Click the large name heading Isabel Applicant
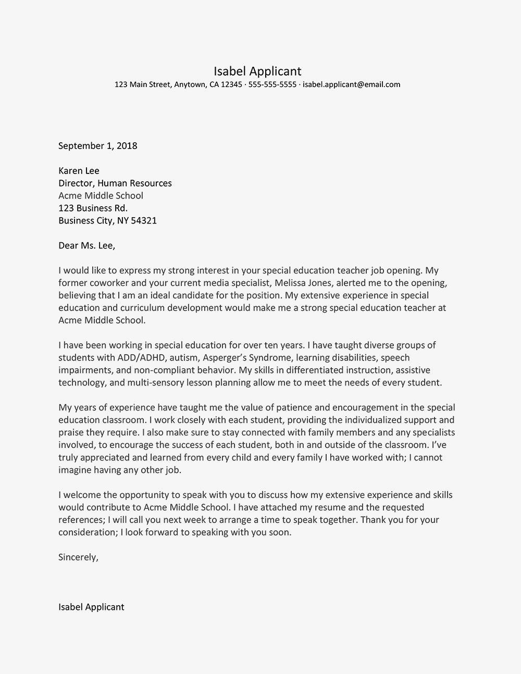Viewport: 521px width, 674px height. (257, 71)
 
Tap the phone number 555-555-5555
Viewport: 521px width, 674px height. (272, 84)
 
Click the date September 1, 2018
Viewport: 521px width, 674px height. (97, 146)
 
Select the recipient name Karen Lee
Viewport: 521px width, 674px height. (79, 171)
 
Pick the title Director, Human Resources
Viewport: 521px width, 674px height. (115, 183)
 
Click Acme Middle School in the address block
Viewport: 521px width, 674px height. (101, 196)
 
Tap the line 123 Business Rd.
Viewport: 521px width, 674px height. (93, 208)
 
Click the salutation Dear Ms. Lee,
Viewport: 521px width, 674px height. (86, 245)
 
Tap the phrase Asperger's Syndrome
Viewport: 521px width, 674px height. (249, 358)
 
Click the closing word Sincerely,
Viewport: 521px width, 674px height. (78, 557)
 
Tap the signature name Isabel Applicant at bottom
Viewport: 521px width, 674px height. (91, 607)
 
